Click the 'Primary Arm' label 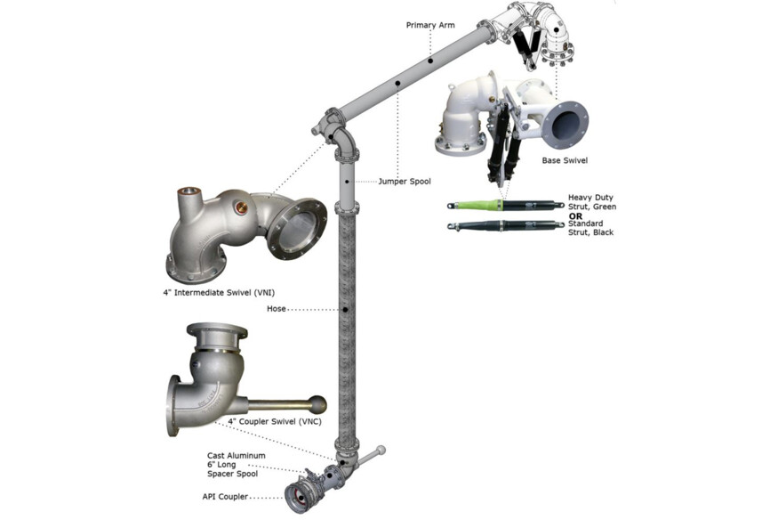click(430, 25)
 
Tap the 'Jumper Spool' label click(404, 182)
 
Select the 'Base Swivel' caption click(565, 161)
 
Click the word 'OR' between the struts click(576, 215)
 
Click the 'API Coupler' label click(228, 496)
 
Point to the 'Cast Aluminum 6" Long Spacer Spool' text click(236, 465)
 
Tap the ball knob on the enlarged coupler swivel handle click(317, 404)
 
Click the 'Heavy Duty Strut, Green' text click(592, 202)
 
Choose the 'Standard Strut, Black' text click(592, 228)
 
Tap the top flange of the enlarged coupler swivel click(216, 331)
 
